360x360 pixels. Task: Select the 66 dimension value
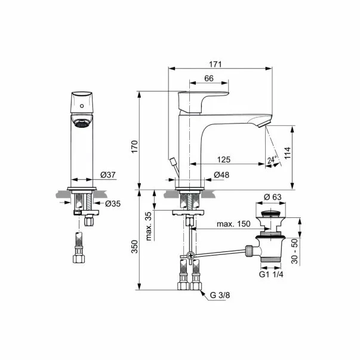tap(208, 78)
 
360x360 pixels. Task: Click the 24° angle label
tap(272, 160)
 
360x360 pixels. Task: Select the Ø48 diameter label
tap(221, 175)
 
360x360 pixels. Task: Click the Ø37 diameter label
tap(108, 174)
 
